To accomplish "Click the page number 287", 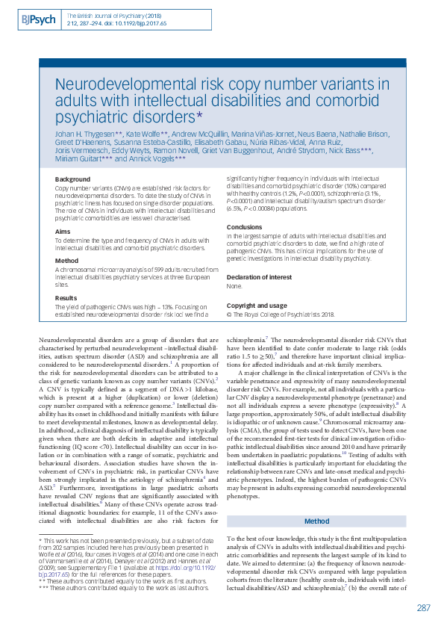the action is [x=423, y=607].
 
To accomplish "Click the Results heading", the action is [x=66, y=297].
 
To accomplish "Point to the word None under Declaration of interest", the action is [x=234, y=286].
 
